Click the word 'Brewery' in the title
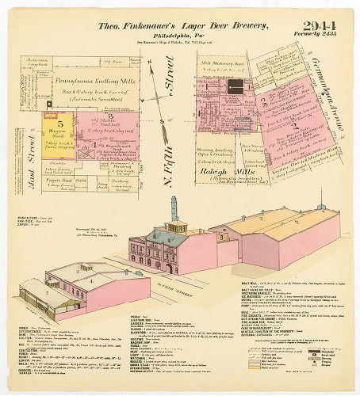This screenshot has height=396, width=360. pos(245,27)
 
